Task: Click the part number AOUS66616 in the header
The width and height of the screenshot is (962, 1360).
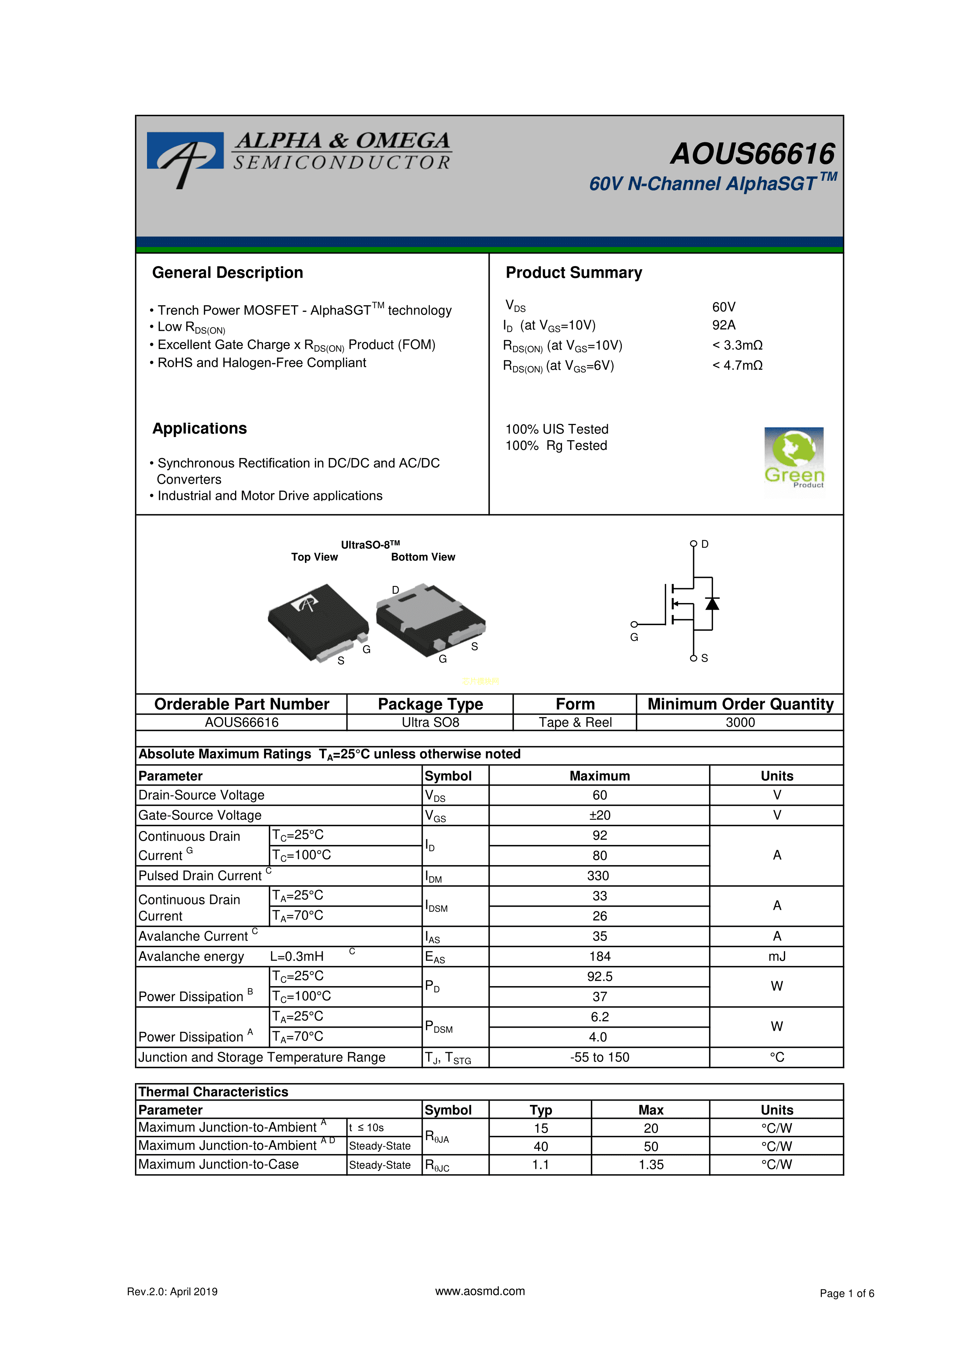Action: coord(752,154)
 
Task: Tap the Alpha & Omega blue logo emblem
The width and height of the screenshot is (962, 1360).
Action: coord(185,155)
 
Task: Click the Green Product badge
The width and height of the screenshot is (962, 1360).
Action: coord(794,459)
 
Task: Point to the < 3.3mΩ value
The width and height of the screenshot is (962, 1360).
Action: coord(737,345)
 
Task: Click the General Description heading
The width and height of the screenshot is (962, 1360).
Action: coord(227,273)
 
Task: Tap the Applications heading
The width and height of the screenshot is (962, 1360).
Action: coord(200,428)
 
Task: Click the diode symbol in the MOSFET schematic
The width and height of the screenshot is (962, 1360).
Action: coord(712,603)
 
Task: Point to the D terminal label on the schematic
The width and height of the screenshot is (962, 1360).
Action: coord(705,544)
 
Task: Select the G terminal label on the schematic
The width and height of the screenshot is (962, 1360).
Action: coord(634,638)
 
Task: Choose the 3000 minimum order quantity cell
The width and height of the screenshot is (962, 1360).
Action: coord(740,722)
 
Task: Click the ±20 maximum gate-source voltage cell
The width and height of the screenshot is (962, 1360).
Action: coord(599,815)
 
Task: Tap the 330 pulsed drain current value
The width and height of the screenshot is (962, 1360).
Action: coord(598,876)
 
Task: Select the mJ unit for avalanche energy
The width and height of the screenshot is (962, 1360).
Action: coord(777,956)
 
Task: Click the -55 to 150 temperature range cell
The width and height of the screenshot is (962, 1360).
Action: coord(599,1057)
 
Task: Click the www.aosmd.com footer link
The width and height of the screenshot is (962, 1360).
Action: coord(480,1291)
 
